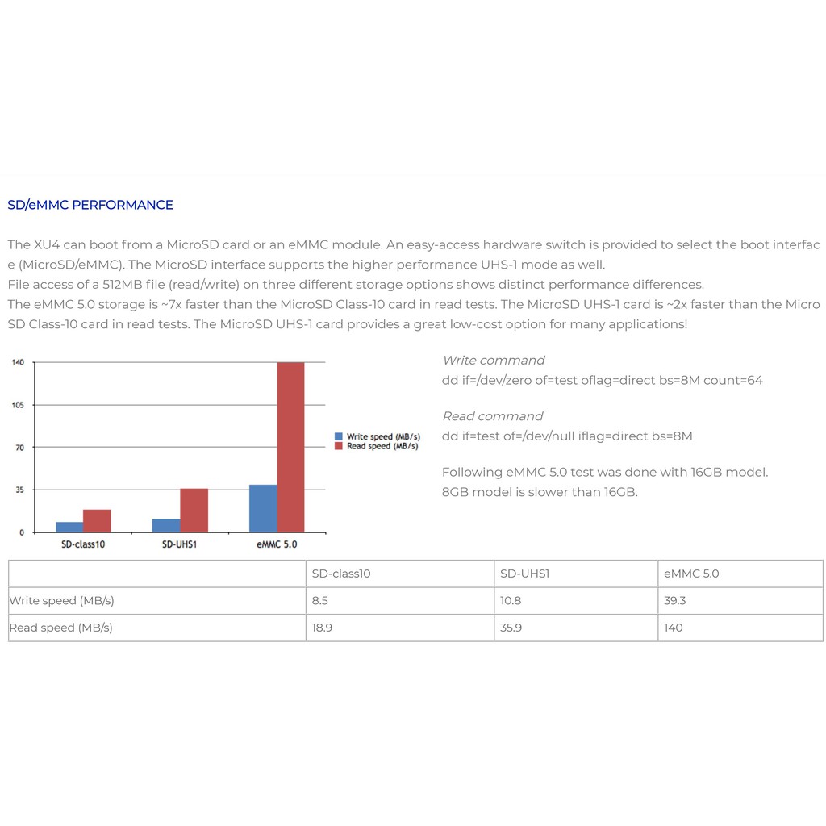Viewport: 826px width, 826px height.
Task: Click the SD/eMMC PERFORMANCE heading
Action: tap(90, 205)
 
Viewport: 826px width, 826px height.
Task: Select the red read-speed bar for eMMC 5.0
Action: tap(290, 447)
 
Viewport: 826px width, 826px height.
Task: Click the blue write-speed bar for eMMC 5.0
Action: tap(263, 508)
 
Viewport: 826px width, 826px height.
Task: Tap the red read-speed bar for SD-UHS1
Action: tap(194, 510)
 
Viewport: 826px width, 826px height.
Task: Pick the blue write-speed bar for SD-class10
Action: tap(69, 527)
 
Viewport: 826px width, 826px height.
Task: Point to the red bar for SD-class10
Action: tap(97, 520)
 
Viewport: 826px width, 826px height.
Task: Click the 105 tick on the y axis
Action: tap(18, 405)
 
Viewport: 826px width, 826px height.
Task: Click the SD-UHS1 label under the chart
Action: tap(180, 544)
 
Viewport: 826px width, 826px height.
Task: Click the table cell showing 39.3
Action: tap(676, 601)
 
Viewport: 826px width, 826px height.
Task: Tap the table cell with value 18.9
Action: tap(322, 628)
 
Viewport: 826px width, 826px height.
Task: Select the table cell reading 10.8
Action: tap(511, 601)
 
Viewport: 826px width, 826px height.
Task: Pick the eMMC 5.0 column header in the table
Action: tap(691, 574)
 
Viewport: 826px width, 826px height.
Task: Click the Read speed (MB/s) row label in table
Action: tap(60, 628)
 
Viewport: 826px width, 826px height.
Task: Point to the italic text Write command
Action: tap(494, 361)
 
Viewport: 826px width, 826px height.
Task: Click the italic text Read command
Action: tap(493, 416)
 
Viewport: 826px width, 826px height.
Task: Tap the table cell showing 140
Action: tap(673, 628)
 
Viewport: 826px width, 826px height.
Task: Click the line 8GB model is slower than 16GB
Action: tap(540, 492)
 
